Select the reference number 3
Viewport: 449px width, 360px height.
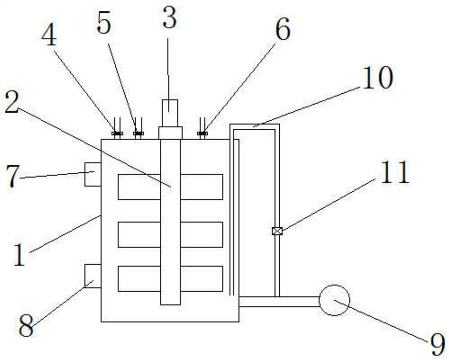point(169,18)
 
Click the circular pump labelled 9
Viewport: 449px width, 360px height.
point(334,300)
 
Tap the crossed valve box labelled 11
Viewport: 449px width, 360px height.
point(277,231)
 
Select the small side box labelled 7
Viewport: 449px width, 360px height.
point(93,173)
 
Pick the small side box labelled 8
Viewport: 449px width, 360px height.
point(93,276)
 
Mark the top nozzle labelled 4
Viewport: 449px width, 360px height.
point(117,133)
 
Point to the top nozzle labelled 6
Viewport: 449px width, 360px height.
point(202,133)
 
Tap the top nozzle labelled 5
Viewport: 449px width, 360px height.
point(138,133)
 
